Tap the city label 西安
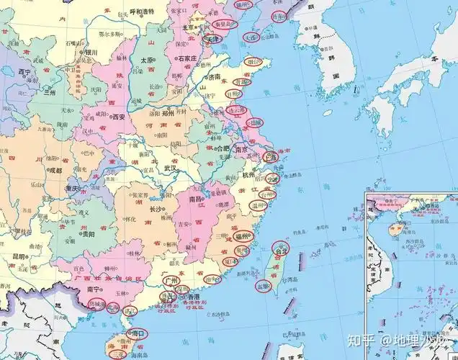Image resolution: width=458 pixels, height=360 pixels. [x=118, y=116]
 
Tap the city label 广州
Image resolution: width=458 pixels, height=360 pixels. [x=170, y=280]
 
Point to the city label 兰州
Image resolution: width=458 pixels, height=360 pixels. [x=49, y=93]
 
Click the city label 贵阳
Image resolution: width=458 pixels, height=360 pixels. [x=86, y=234]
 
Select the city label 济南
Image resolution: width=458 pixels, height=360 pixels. [x=214, y=76]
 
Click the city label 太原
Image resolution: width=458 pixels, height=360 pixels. [x=147, y=60]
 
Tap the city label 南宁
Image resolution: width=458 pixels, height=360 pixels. [x=92, y=288]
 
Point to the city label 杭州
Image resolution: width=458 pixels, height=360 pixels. [x=248, y=175]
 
